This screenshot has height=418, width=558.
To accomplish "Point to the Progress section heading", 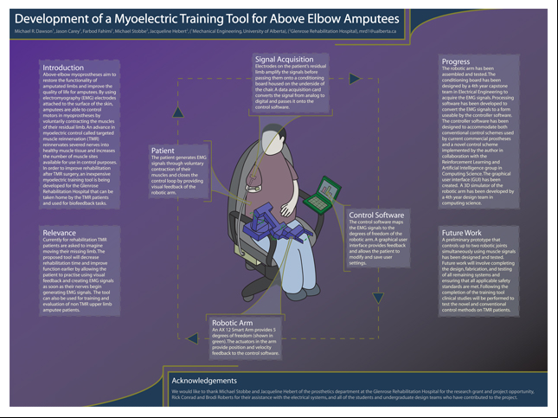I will pyautogui.click(x=455, y=62).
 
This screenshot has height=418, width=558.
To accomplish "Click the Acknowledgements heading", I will pyautogui.click(x=215, y=380).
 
